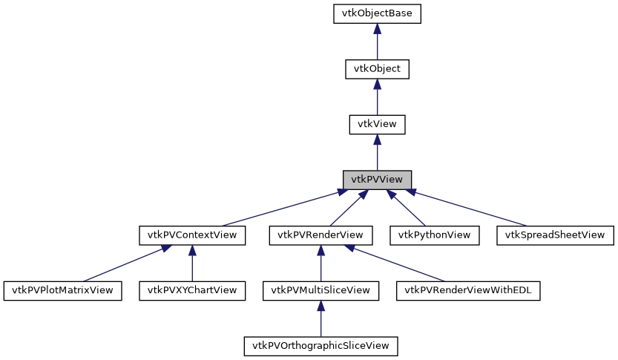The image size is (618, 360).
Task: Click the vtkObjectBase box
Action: click(x=377, y=13)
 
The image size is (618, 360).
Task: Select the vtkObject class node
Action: click(x=377, y=69)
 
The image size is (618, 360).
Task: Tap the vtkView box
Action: click(x=377, y=124)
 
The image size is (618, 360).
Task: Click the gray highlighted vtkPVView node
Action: click(x=377, y=180)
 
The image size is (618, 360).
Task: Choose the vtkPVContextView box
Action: click(x=192, y=235)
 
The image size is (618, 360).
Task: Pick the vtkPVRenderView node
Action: click(x=320, y=235)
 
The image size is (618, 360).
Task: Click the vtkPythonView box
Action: click(x=434, y=235)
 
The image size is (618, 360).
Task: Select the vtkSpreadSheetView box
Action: click(x=555, y=235)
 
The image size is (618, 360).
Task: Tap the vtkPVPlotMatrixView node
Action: click(x=62, y=290)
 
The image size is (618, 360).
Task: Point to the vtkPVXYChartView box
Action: click(x=192, y=290)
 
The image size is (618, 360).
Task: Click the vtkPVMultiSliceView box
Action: click(x=320, y=290)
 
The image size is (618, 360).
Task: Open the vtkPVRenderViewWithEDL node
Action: click(x=468, y=290)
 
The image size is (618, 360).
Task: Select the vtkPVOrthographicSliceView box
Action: click(x=320, y=346)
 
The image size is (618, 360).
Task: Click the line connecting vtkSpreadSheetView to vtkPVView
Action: click(x=467, y=208)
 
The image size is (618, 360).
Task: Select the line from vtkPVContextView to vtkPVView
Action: click(x=282, y=209)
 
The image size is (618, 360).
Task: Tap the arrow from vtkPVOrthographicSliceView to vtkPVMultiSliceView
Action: click(x=320, y=318)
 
